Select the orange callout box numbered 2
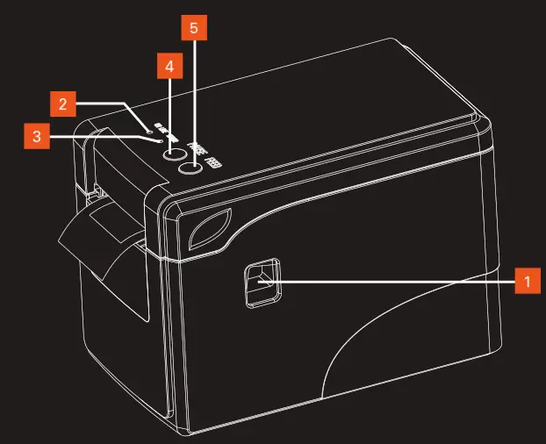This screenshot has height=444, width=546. point(62,104)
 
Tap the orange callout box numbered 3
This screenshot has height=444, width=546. point(36,136)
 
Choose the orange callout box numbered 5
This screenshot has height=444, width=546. point(194,28)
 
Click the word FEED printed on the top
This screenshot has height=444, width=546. point(213,158)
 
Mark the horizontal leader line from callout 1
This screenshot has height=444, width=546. point(395,281)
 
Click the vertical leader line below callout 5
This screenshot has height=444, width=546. point(194,97)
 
